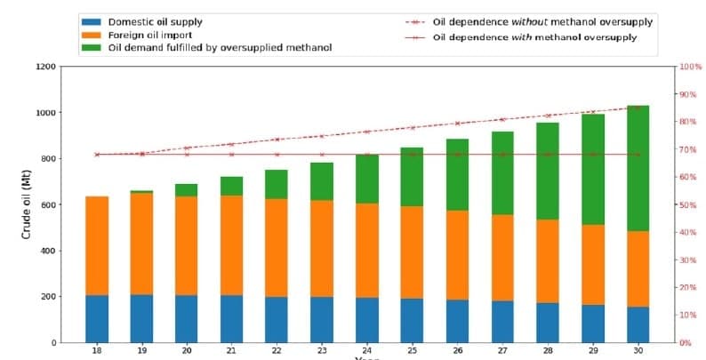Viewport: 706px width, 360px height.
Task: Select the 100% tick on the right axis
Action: click(x=666, y=67)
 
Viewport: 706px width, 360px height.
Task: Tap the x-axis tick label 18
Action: click(x=97, y=351)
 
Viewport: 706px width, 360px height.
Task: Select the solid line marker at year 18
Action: click(x=97, y=154)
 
